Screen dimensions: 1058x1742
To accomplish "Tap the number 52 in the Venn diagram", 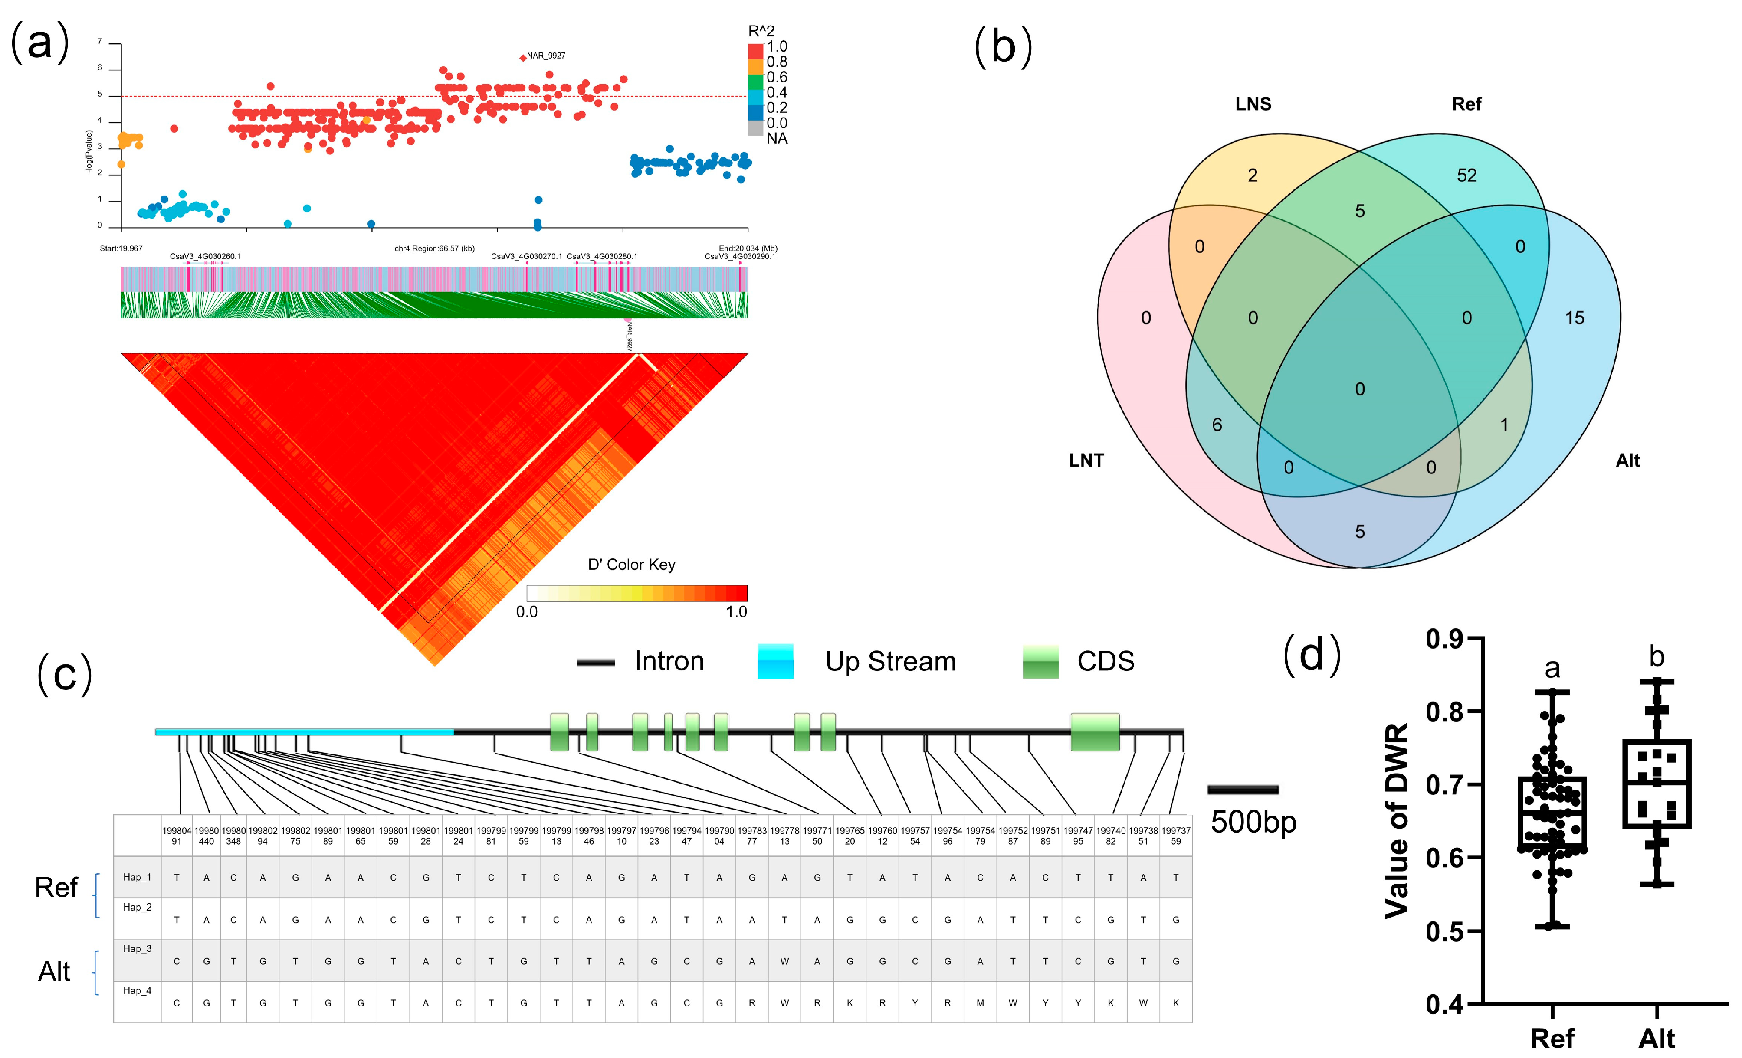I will coord(1466,175).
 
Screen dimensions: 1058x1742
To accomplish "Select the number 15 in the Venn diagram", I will coord(1575,318).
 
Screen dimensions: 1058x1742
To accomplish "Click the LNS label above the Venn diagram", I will coord(1253,104).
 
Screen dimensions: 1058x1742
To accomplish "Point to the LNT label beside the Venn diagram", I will coord(1086,461).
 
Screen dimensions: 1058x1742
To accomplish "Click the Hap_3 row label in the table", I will coord(137,948).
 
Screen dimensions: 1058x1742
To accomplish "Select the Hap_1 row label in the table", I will coord(137,877).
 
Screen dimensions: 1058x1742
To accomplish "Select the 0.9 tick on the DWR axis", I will coord(1443,639).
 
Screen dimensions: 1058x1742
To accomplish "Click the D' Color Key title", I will coord(631,565).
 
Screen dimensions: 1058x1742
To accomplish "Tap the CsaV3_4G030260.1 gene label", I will coord(205,257).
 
